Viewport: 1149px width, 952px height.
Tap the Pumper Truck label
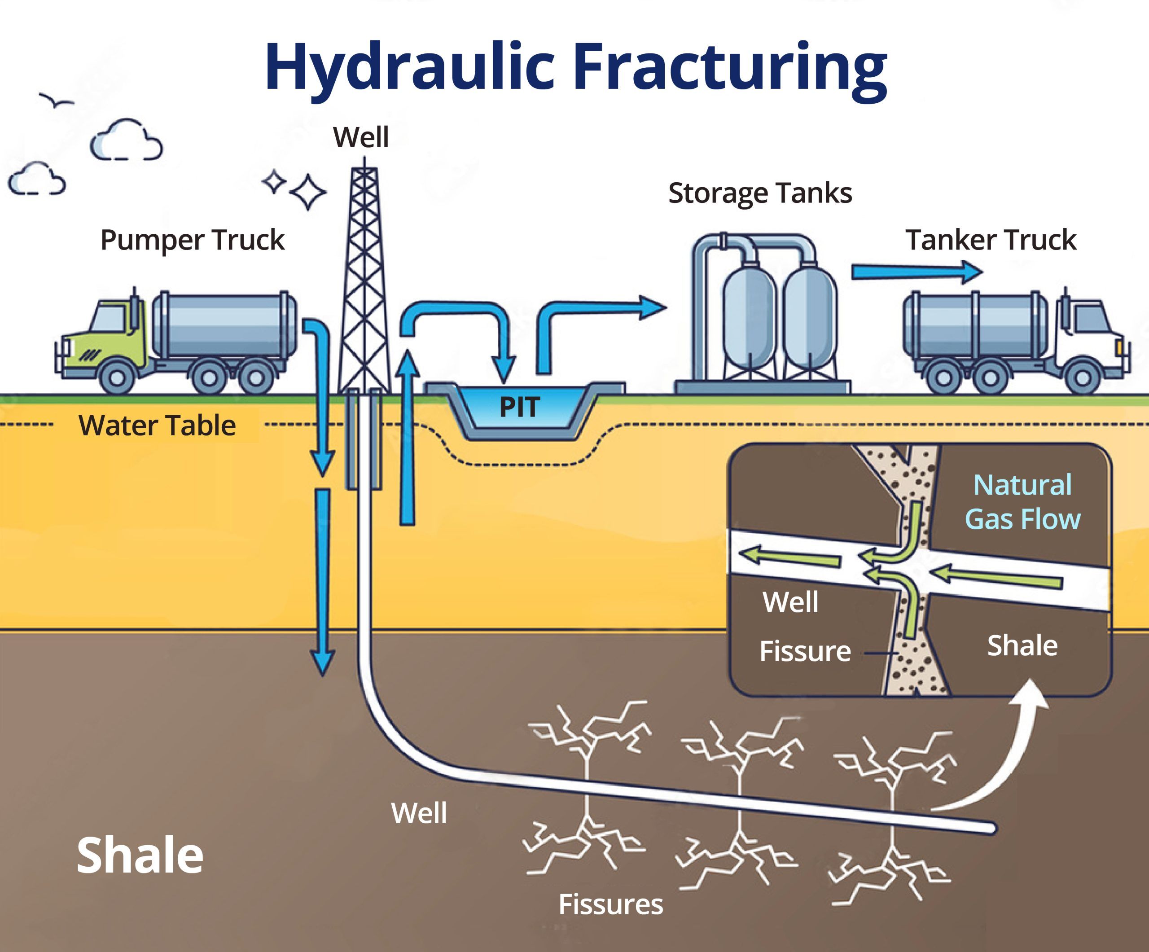pos(192,240)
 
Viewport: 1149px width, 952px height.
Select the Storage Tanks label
pos(759,193)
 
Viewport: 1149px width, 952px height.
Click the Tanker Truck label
pos(990,240)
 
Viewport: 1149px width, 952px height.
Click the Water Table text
pos(157,426)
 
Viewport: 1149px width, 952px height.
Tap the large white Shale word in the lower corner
pos(140,855)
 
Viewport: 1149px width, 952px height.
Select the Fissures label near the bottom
pos(610,904)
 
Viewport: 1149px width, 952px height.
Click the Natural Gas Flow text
pos(1022,502)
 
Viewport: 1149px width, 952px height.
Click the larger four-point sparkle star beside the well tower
pos(307,192)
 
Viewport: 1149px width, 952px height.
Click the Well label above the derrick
pos(360,137)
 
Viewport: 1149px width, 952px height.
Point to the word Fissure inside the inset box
pos(804,651)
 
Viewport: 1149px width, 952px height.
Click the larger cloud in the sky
pos(127,140)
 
